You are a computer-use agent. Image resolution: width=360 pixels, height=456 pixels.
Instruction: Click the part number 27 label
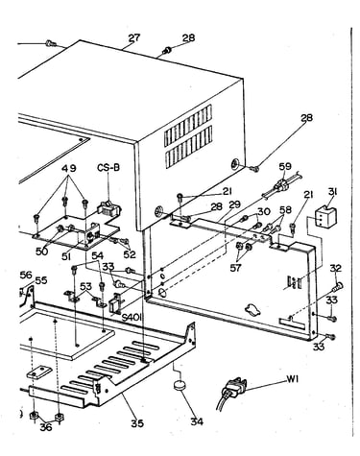[134, 37]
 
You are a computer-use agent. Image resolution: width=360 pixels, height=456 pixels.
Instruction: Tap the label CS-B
[108, 167]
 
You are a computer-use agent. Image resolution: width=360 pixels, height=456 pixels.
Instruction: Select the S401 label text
[132, 318]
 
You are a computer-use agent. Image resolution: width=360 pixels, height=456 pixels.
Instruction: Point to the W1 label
[292, 379]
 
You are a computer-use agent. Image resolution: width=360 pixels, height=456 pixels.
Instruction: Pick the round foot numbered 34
[180, 385]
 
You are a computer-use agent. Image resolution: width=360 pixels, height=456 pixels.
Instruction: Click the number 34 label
[197, 421]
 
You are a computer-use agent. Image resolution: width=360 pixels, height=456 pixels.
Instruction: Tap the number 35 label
[137, 423]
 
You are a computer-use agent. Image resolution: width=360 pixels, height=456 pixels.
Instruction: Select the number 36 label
[46, 427]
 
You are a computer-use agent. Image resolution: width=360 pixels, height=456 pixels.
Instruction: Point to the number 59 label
[285, 166]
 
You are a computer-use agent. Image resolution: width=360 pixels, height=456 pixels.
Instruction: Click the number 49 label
[69, 168]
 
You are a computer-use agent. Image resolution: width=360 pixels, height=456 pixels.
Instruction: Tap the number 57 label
[236, 267]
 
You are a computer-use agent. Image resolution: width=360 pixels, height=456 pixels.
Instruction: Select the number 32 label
[336, 268]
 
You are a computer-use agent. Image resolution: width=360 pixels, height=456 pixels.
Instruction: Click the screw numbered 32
[338, 286]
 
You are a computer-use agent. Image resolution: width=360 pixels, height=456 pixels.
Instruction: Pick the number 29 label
[234, 204]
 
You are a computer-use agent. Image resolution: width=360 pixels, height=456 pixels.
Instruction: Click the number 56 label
[26, 275]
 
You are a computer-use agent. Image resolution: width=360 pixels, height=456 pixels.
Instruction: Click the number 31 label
[333, 192]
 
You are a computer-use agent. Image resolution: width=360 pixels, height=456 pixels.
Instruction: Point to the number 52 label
[130, 254]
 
